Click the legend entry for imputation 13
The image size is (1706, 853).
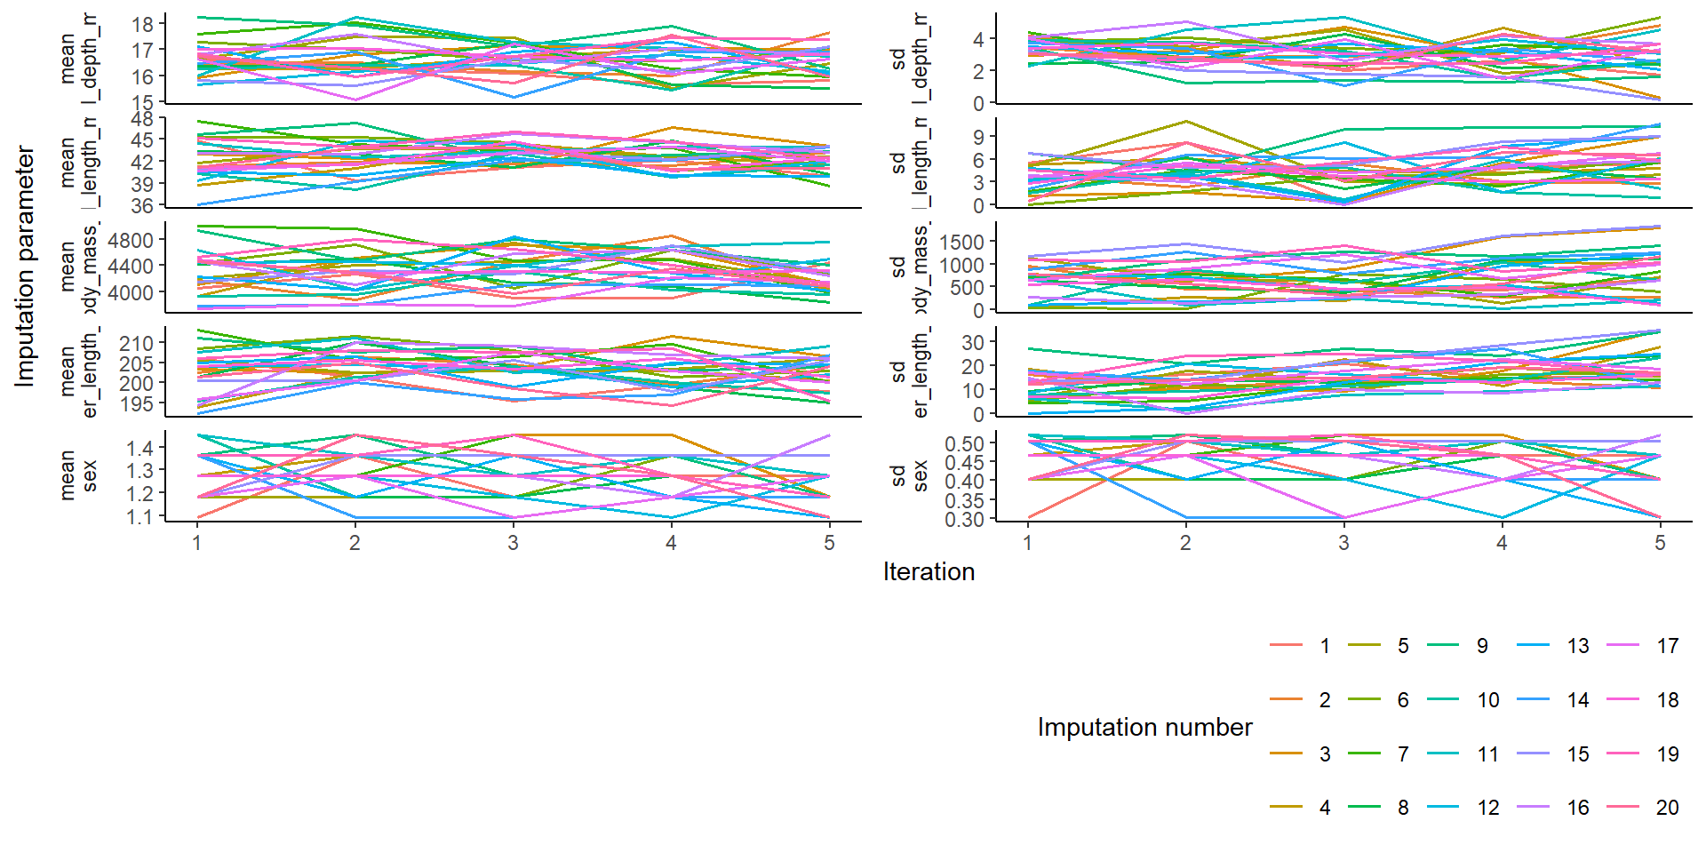pos(1577,646)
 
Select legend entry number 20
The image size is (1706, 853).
pos(1667,808)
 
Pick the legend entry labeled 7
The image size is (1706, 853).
pos(1403,754)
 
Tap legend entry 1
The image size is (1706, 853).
pos(1325,646)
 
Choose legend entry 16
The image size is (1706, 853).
pos(1577,808)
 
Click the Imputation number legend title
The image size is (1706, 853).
pos(1144,727)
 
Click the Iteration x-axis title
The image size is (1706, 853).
pos(929,571)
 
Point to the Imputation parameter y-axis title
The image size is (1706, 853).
pos(25,267)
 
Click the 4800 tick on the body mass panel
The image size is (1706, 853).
pos(131,240)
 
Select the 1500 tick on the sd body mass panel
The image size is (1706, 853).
pos(961,242)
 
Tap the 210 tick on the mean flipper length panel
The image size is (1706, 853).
pos(137,343)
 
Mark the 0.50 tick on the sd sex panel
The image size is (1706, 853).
pos(964,443)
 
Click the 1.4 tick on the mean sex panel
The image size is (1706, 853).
pos(140,448)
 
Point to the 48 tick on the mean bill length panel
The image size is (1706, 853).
pos(142,118)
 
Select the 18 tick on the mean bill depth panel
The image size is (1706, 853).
pos(142,24)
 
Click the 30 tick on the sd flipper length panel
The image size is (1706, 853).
pos(973,342)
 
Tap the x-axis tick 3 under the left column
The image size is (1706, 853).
pos(513,543)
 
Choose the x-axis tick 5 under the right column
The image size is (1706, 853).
pos(1660,543)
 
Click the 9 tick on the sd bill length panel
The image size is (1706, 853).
pos(978,137)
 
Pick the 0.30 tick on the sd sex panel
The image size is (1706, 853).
pos(964,520)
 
